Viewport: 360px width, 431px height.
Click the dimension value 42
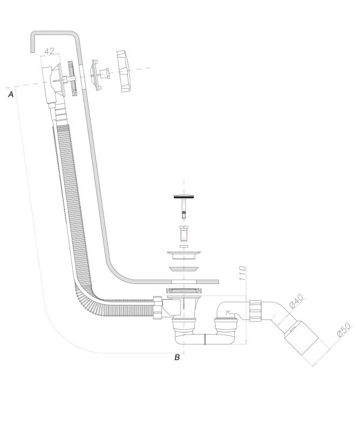point(50,52)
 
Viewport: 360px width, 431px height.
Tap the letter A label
point(10,95)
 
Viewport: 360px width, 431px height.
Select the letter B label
point(177,357)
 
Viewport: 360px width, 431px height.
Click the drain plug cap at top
point(184,198)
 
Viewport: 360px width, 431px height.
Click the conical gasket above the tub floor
point(184,269)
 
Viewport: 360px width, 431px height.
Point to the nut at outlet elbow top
point(256,310)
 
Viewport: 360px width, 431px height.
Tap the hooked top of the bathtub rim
point(54,34)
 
